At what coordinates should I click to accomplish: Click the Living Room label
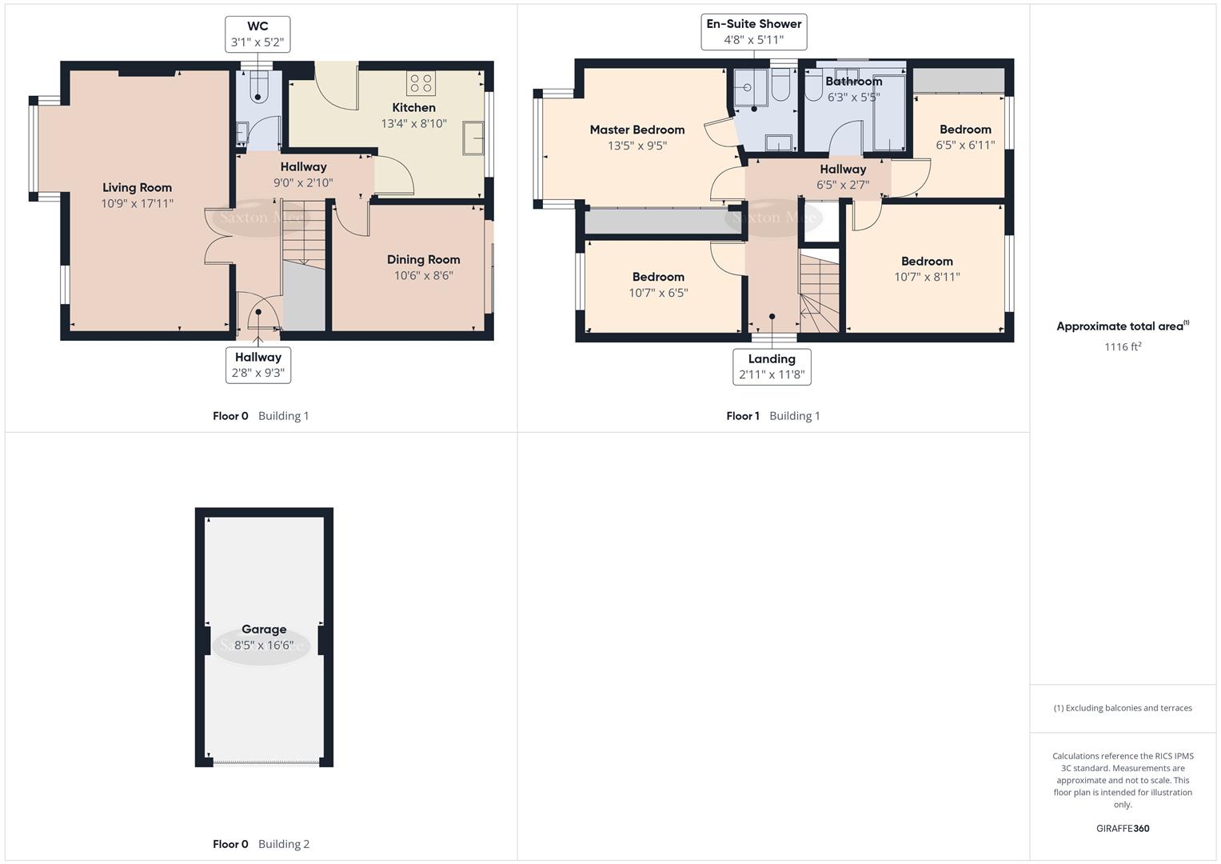pyautogui.click(x=137, y=188)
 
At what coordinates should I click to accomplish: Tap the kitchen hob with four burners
pyautogui.click(x=421, y=83)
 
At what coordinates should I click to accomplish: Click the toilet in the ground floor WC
pyautogui.click(x=258, y=87)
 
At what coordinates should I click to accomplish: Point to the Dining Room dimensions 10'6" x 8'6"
pyautogui.click(x=423, y=276)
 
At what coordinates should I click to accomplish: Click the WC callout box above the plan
pyautogui.click(x=257, y=34)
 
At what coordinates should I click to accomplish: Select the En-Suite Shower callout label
pyautogui.click(x=753, y=32)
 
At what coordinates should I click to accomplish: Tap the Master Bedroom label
pyautogui.click(x=637, y=130)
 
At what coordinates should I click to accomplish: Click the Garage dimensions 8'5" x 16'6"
pyautogui.click(x=264, y=646)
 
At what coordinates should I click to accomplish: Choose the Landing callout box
pyautogui.click(x=772, y=366)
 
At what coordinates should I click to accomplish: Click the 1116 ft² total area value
pyautogui.click(x=1123, y=346)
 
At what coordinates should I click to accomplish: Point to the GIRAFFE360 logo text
pyautogui.click(x=1123, y=829)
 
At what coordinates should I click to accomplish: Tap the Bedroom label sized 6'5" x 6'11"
pyautogui.click(x=965, y=130)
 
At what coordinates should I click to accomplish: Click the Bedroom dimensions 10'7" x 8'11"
pyautogui.click(x=927, y=278)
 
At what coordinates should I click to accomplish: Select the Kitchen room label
pyautogui.click(x=414, y=108)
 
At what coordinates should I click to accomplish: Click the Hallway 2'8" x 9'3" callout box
pyautogui.click(x=257, y=365)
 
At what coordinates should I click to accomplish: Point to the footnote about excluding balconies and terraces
pyautogui.click(x=1123, y=708)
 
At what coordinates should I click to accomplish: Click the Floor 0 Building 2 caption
pyautogui.click(x=261, y=844)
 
